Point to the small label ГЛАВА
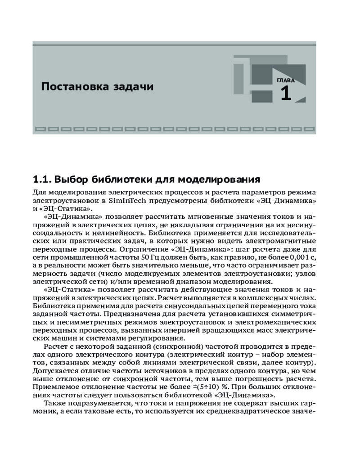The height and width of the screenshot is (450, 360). tap(286, 81)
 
